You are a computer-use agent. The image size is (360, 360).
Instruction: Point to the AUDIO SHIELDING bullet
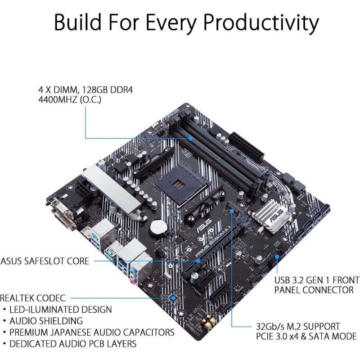pos(47,321)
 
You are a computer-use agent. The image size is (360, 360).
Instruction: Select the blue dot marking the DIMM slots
pos(191,139)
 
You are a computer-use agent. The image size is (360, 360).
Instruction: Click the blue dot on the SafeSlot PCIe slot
pos(197,260)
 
